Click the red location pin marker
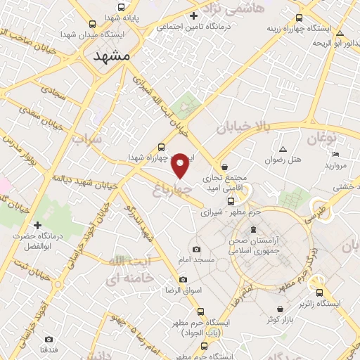pos(181,165)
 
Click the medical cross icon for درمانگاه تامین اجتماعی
pos(193,15)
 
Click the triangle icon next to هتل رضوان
pos(283,150)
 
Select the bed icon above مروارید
pos(336,155)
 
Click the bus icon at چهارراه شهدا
pos(162,147)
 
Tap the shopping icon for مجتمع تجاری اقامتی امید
pos(224,167)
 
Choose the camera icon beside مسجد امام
pos(196,249)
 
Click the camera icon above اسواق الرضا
pos(184,279)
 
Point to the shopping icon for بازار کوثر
pos(281,308)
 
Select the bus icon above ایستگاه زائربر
pos(320,293)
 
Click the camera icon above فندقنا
pos(49,339)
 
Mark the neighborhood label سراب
pos(87,138)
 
